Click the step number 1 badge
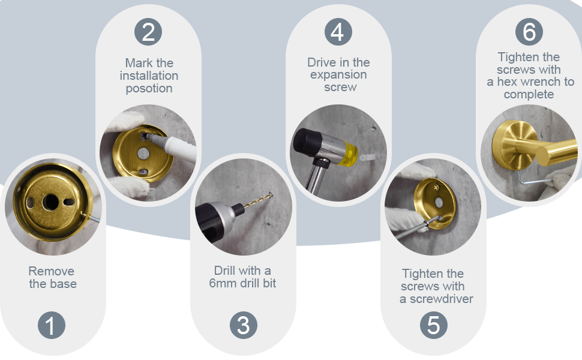[x=52, y=325]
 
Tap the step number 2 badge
[x=148, y=32]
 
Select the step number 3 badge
[x=244, y=325]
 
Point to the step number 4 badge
[x=338, y=32]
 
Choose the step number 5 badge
[x=434, y=325]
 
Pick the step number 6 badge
[x=529, y=32]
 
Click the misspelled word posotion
[x=149, y=89]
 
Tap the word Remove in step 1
[x=51, y=271]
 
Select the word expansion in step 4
[x=338, y=75]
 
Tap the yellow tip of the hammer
[x=349, y=152]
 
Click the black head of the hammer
[x=307, y=142]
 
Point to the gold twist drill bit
[x=257, y=201]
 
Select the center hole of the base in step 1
[x=50, y=202]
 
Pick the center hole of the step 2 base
[x=143, y=153]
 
